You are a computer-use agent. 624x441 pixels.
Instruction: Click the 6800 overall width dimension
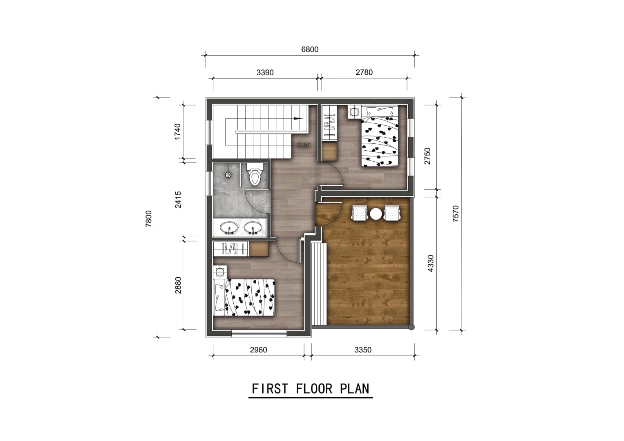310,49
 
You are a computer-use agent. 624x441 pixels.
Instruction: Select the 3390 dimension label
265,73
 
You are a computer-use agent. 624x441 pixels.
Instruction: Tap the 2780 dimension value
364,72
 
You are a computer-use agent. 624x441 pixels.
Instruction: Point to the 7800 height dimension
149,219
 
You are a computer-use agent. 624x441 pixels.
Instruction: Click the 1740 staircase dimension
177,131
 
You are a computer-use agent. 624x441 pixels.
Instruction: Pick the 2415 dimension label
178,200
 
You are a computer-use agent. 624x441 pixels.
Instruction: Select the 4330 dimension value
430,263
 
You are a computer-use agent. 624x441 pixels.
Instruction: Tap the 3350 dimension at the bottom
363,350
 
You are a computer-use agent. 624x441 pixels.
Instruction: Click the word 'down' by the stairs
303,145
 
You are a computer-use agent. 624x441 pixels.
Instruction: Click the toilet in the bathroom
255,174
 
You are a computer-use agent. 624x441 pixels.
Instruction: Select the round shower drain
228,175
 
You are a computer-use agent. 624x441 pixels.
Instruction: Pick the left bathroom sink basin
229,228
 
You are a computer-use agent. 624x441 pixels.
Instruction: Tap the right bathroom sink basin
253,228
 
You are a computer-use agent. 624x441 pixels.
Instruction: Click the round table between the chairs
376,214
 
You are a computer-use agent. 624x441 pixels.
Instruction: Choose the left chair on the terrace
360,213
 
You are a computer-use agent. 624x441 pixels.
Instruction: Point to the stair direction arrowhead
298,118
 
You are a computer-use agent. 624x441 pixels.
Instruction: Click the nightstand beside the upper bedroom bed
354,112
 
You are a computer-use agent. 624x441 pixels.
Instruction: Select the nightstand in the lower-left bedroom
220,272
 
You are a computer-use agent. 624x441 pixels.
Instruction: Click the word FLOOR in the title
314,389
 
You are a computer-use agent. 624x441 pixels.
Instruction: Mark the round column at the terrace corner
412,327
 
